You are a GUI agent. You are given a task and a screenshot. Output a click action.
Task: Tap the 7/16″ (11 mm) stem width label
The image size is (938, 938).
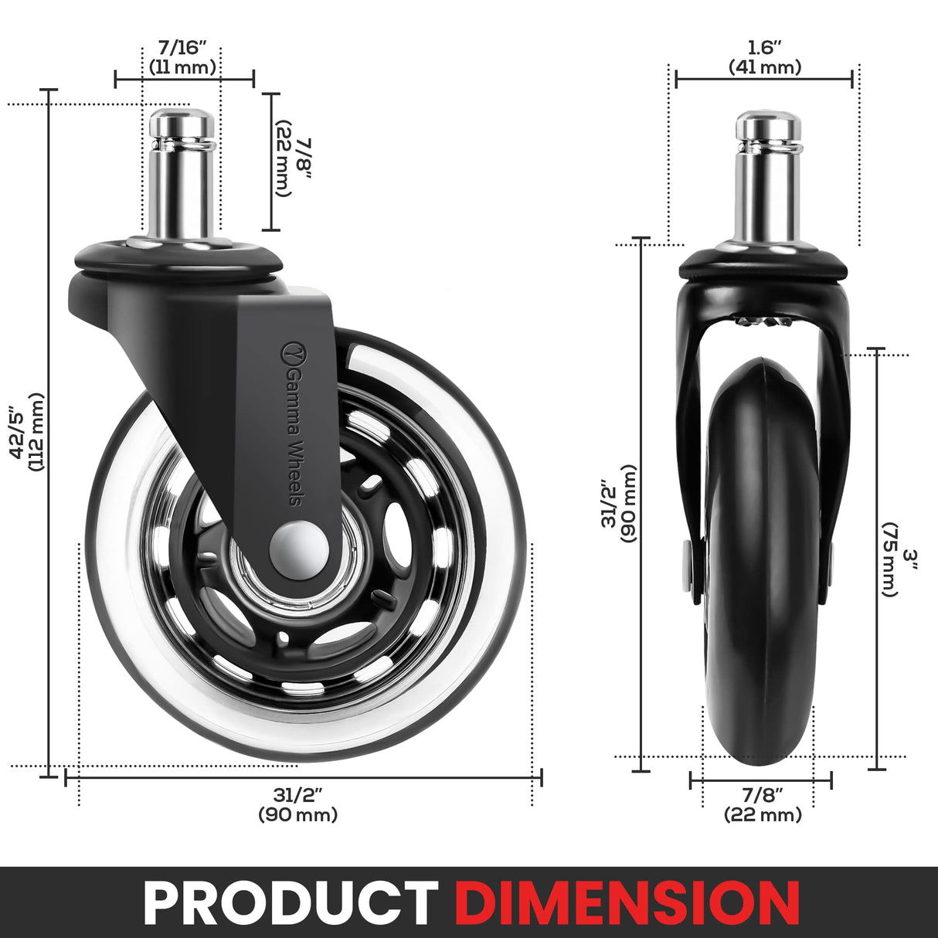(182, 59)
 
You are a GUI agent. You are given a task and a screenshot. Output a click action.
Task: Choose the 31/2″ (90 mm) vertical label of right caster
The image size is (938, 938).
(618, 503)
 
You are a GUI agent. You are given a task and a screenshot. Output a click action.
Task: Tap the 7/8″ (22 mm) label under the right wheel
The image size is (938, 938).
(762, 804)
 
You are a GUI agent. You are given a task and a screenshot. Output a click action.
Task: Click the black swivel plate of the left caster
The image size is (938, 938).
(178, 259)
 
